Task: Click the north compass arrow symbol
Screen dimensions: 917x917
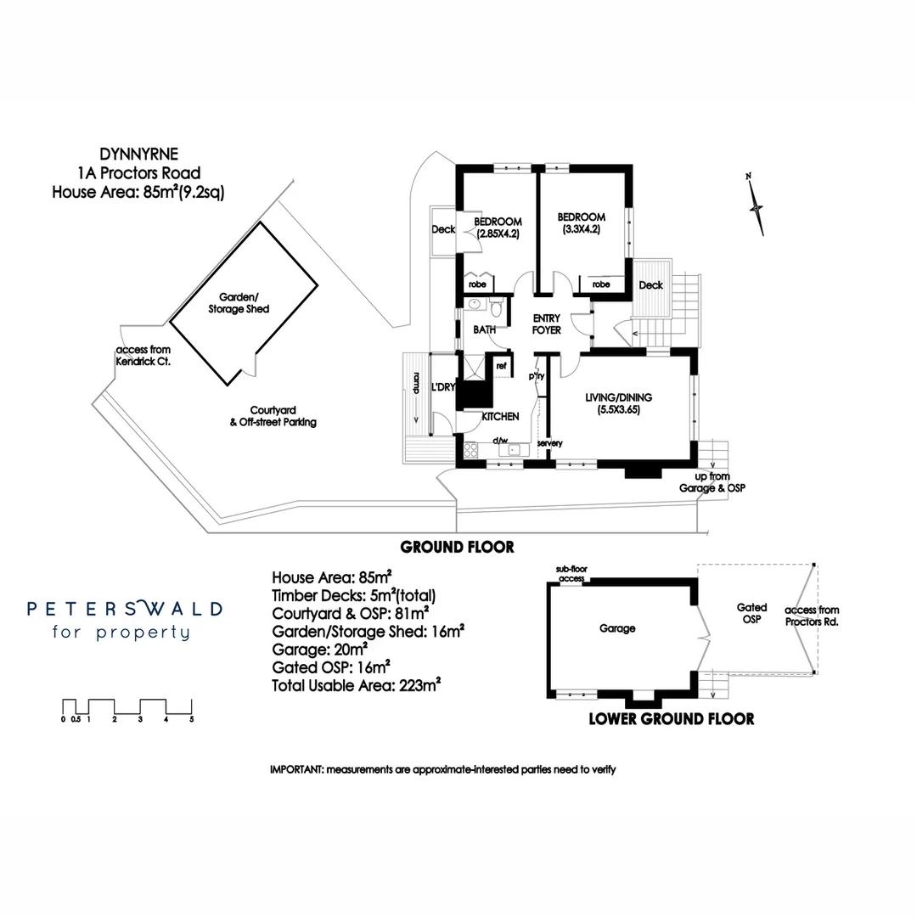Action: pos(755,205)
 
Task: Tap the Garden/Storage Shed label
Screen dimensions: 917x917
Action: pos(239,304)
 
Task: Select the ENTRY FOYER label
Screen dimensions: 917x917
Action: pos(547,324)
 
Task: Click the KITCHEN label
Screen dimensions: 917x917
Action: pos(500,417)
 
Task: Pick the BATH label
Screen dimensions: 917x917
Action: pos(484,329)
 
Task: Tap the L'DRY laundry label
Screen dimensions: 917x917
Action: pos(444,387)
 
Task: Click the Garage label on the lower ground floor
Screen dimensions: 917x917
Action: pos(617,629)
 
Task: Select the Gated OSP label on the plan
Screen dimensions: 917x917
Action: pos(751,613)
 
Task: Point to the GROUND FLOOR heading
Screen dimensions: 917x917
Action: pos(457,547)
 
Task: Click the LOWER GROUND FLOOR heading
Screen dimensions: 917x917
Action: pos(671,719)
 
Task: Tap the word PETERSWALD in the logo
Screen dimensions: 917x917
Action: pos(125,609)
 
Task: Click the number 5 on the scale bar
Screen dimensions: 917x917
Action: pos(192,719)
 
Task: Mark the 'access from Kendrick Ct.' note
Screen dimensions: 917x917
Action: pos(143,356)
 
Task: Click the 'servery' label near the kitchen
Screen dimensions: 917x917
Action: pos(550,443)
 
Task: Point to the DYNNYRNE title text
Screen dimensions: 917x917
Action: pos(127,155)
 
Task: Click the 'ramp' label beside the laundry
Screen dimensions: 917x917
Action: pos(416,384)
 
